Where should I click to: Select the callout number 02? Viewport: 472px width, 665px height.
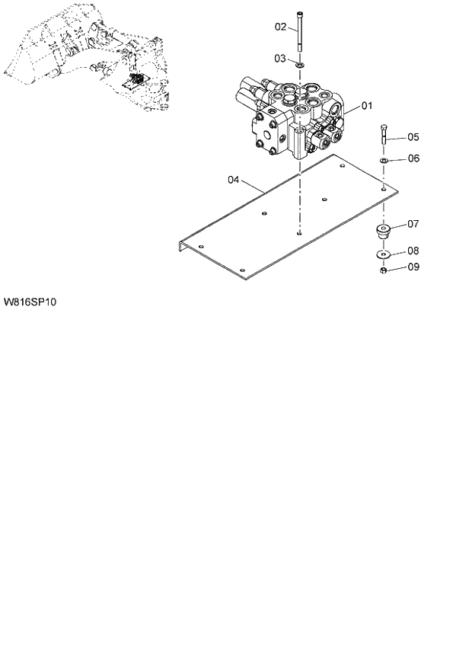280,27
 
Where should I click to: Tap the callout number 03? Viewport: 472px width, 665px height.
280,58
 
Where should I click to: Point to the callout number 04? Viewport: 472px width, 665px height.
234,180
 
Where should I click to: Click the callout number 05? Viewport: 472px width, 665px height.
413,137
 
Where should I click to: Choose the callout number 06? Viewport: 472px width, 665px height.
413,158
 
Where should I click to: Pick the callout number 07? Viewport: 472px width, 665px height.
413,224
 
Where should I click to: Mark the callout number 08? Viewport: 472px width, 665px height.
413,250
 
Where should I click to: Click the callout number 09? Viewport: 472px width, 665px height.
413,267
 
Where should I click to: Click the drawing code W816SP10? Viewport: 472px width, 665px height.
30,302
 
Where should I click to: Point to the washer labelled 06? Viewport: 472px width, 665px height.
384,161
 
